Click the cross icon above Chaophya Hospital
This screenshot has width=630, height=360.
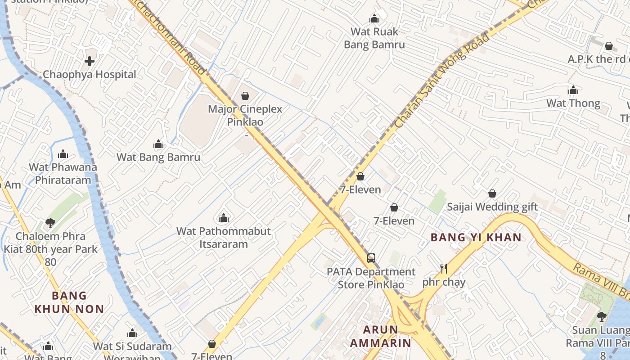(90, 61)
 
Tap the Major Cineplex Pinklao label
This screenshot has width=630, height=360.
(245, 115)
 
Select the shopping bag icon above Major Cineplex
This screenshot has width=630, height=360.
(245, 96)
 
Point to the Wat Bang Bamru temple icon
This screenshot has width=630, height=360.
(158, 144)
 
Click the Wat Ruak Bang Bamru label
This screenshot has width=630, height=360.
(374, 38)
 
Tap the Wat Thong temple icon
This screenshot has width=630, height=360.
(573, 90)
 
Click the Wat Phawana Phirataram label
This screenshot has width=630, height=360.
(63, 173)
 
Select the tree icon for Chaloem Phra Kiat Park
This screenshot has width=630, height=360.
(50, 223)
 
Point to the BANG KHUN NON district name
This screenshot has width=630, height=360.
(69, 302)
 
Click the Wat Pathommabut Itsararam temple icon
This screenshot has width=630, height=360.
(224, 218)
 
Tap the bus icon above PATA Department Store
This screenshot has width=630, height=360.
(371, 258)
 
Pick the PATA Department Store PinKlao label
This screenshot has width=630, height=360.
(371, 278)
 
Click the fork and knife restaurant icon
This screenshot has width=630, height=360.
(444, 269)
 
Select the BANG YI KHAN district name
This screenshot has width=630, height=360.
(476, 237)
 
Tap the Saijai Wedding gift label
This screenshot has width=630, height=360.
(492, 207)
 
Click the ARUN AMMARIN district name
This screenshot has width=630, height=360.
(381, 336)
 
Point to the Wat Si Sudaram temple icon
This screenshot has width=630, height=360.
(132, 333)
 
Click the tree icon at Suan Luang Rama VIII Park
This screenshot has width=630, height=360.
(601, 317)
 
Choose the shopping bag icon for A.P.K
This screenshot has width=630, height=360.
(609, 46)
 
